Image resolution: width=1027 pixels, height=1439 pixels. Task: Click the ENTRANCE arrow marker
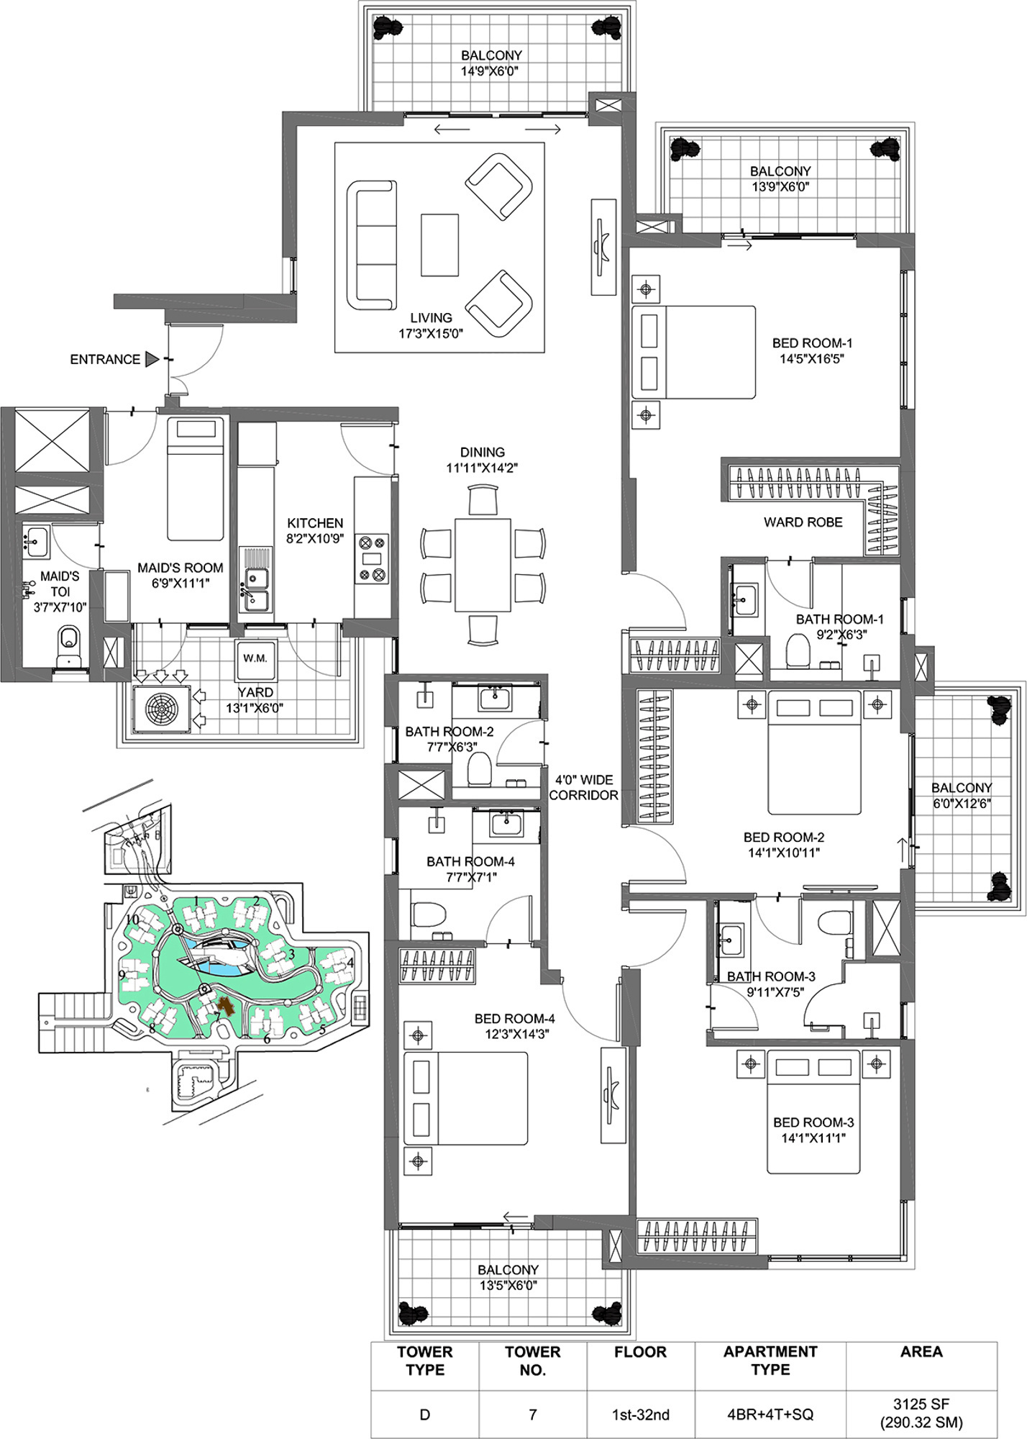pos(151,359)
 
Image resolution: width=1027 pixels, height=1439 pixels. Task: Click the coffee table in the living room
pos(439,245)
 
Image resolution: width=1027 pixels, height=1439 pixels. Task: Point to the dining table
pos(483,563)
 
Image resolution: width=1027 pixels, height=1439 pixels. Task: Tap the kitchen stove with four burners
pos(373,558)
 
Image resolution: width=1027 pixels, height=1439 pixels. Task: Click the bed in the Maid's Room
pos(195,480)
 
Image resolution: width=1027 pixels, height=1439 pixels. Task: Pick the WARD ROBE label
pos(803,522)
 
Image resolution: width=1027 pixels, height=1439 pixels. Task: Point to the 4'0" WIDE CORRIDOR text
pos(583,787)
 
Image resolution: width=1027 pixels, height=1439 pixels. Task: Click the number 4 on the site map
pos(350,962)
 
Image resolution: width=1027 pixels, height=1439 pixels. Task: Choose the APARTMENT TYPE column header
pos(770,1361)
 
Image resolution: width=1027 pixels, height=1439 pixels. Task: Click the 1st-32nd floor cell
pos(641,1415)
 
